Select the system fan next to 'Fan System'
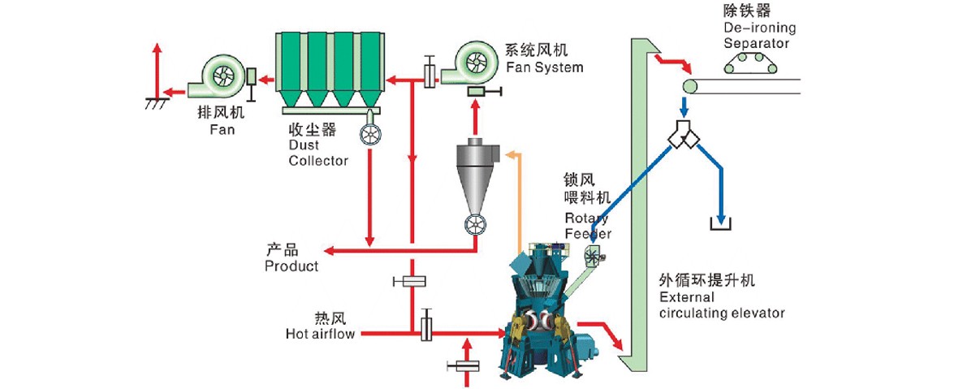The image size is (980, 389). point(471,65)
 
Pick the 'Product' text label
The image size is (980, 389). point(291,266)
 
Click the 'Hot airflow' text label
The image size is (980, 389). point(320,333)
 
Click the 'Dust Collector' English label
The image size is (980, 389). point(318,153)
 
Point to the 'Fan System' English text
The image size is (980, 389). point(543,67)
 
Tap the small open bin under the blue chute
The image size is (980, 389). point(720,223)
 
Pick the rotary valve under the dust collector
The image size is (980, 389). point(372,136)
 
